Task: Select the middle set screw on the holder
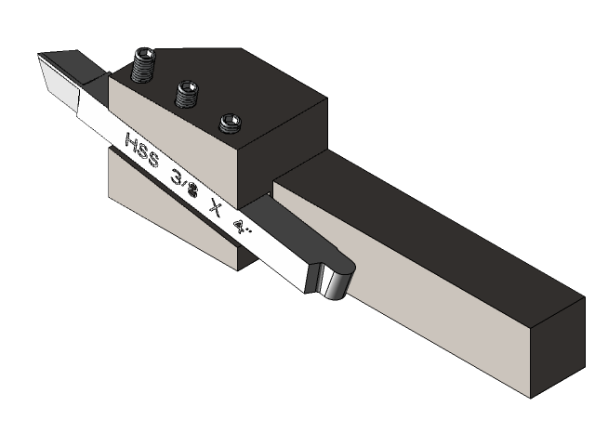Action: (x=189, y=94)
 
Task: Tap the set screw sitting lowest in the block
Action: (x=230, y=122)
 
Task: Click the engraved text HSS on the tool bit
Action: (x=142, y=149)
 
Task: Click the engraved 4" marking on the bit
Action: (x=244, y=228)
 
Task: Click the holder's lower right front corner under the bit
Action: (x=240, y=266)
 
